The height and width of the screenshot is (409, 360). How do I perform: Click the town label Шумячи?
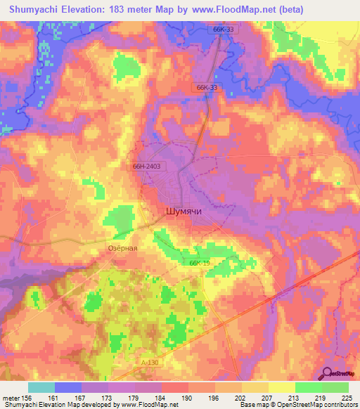pos(184,210)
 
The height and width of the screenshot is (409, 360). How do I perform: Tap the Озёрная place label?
pos(122,248)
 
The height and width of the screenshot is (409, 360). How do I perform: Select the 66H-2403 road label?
pos(147,167)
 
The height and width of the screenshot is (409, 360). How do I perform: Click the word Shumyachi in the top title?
pos(36,10)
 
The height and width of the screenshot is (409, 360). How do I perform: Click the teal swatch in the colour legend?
pos(41,387)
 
